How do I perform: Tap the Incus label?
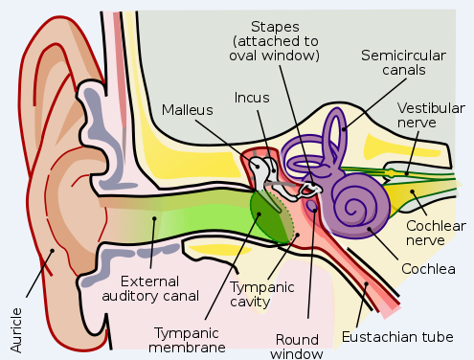pos(252,98)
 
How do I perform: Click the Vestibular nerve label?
pos(430,117)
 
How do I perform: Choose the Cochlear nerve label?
pos(436,232)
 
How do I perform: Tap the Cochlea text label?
pos(426,268)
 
